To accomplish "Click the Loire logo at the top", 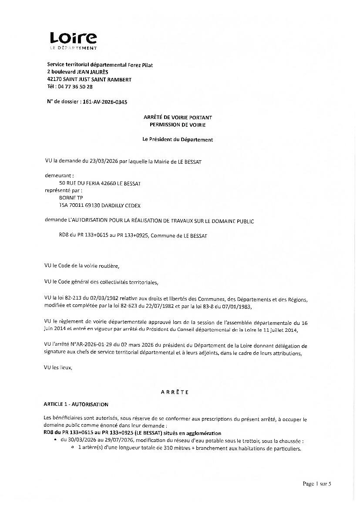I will [x=73, y=40].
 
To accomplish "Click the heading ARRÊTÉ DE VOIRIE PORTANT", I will [x=178, y=118].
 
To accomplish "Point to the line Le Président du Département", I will [x=178, y=140].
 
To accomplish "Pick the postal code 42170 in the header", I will [x=54, y=80].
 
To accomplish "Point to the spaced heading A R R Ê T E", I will [x=175, y=392].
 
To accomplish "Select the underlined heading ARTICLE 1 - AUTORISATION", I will [x=76, y=405].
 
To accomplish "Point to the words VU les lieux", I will [x=58, y=367].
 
